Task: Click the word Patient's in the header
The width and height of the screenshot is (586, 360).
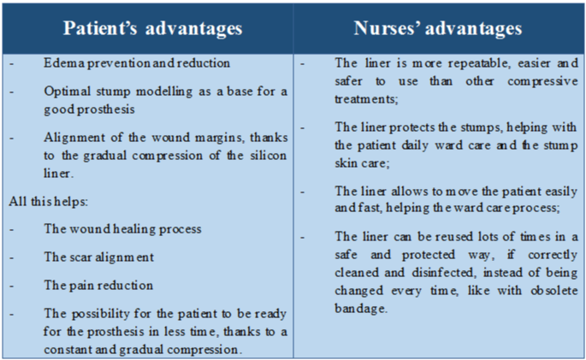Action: [x=101, y=28]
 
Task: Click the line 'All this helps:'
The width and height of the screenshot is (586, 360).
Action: [x=48, y=201]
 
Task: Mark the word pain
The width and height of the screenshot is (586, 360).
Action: [x=77, y=286]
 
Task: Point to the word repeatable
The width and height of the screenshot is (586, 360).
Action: [x=479, y=63]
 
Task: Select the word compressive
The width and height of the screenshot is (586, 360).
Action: [x=542, y=81]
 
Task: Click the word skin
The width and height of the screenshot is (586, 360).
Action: [x=343, y=163]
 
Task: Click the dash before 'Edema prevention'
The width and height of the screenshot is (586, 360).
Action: [x=12, y=64]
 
